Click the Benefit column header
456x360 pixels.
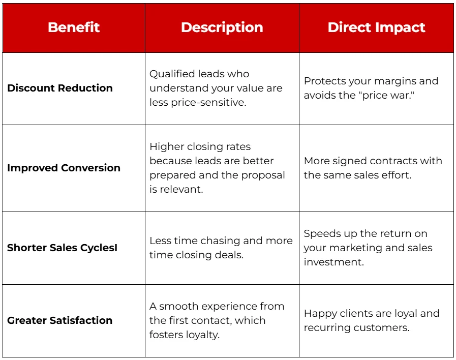(x=74, y=27)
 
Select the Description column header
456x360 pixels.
(x=222, y=27)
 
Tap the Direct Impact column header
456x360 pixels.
(x=376, y=27)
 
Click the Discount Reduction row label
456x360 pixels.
(x=60, y=88)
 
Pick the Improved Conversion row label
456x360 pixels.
(x=64, y=168)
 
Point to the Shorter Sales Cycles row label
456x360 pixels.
(x=62, y=248)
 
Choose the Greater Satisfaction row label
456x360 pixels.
(x=59, y=320)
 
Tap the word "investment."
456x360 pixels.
(x=335, y=262)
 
